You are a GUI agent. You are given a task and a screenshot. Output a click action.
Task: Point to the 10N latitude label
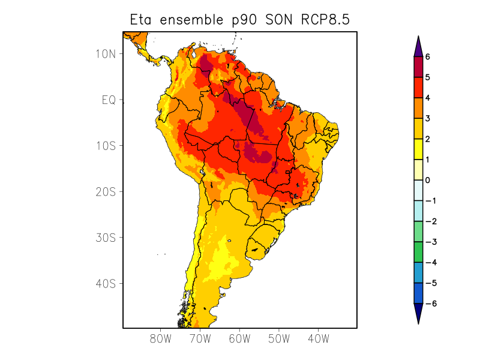105,54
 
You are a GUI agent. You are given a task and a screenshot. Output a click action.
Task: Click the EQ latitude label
108,100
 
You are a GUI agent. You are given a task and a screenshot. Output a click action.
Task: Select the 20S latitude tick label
105,191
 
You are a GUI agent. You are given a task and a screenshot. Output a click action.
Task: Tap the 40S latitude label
105,283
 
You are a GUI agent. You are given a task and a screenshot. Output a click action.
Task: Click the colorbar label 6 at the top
428,57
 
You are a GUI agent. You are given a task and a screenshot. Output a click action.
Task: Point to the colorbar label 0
428,180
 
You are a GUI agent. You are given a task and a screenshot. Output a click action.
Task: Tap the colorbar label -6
429,304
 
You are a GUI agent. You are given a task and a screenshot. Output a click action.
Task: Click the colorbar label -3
429,242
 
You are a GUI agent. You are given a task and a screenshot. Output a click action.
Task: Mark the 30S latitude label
105,238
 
